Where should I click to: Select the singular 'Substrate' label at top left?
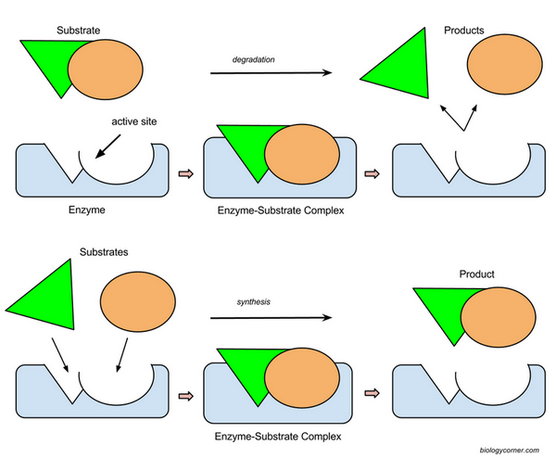point(81,32)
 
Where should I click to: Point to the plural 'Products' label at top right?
point(463,31)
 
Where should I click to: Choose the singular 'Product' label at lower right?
point(479,274)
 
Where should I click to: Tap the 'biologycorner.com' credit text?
point(511,449)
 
